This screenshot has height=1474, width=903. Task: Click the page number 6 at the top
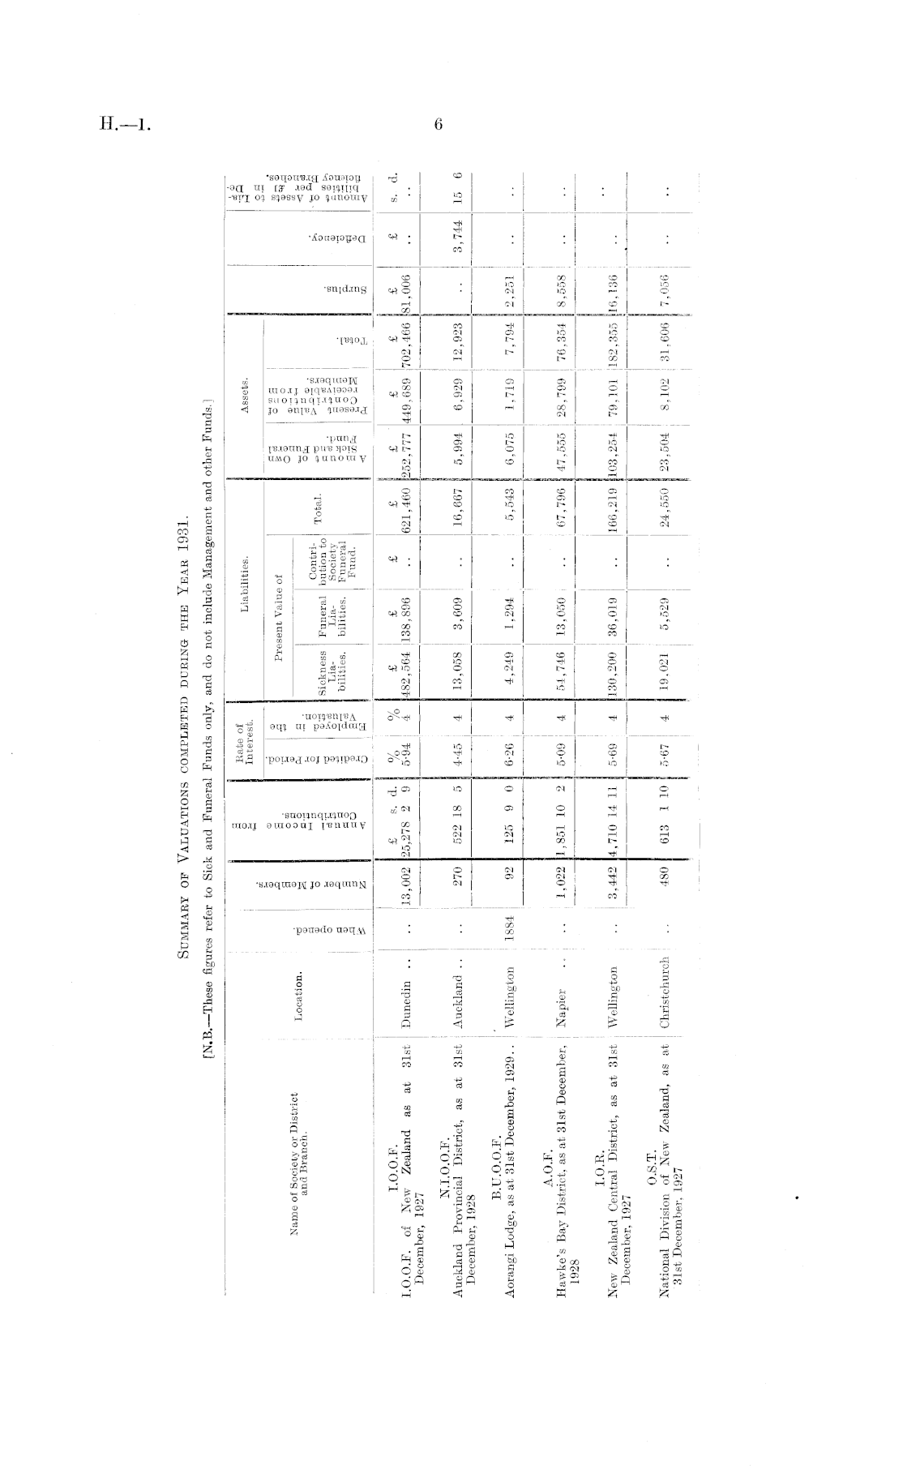pyautogui.click(x=439, y=124)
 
